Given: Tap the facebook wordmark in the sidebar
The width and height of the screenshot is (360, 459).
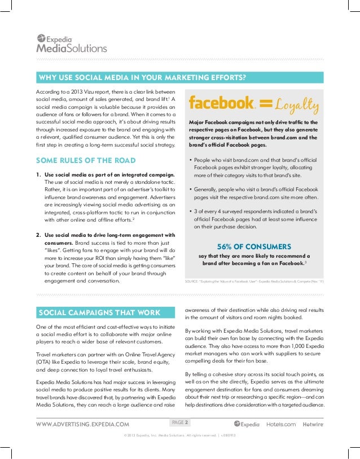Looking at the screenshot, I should pyautogui.click(x=222, y=103).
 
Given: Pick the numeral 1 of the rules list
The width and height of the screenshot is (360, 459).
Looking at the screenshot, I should pyautogui.click(x=38, y=175).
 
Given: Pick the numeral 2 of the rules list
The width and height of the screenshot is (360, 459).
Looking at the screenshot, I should pyautogui.click(x=38, y=235).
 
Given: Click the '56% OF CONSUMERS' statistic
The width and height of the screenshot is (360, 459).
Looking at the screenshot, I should pyautogui.click(x=254, y=246).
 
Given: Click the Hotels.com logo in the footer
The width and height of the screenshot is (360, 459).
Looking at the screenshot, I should pyautogui.click(x=280, y=424).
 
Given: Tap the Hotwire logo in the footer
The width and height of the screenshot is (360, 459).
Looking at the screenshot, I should pyautogui.click(x=313, y=424).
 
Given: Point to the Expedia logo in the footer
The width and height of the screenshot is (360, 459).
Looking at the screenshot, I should pyautogui.click(x=247, y=424).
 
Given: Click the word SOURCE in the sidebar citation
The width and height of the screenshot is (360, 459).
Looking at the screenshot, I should pyautogui.click(x=193, y=280).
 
